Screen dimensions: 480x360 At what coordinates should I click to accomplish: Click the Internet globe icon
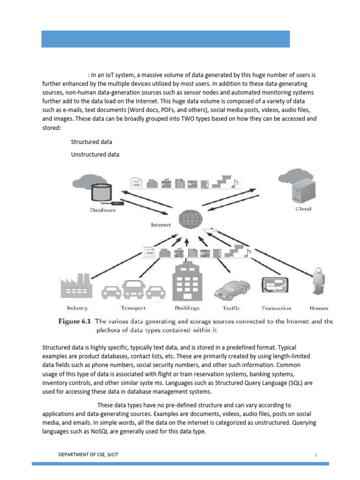(x=191, y=219)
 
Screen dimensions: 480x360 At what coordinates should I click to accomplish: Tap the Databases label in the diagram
(x=103, y=210)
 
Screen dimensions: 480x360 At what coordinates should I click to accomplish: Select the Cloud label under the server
(x=303, y=209)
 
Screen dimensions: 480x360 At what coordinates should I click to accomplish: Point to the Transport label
(x=133, y=308)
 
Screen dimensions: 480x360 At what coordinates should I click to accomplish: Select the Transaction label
(x=276, y=308)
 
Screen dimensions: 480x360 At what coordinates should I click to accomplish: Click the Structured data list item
(x=91, y=142)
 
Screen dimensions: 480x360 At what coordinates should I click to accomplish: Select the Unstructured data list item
(x=95, y=154)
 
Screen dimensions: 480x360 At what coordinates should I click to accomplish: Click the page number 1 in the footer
(x=316, y=455)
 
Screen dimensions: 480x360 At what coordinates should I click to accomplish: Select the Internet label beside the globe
(x=161, y=225)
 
